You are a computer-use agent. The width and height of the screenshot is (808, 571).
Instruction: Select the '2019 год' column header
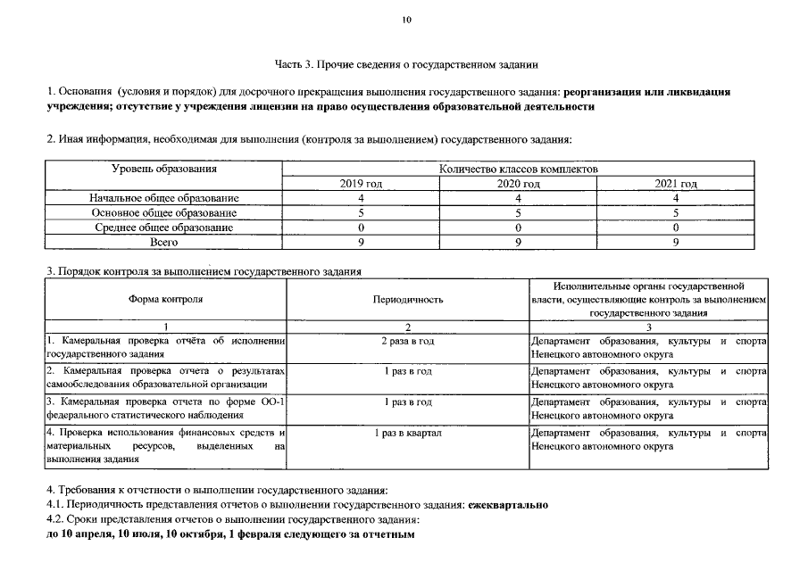(x=361, y=183)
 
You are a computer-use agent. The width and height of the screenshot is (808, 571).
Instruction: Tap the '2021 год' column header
(x=676, y=183)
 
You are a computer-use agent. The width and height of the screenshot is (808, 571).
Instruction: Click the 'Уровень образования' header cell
(x=164, y=169)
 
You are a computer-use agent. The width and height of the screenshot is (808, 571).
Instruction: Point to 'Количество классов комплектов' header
(x=519, y=169)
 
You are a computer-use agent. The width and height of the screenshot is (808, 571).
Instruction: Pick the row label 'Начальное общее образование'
(x=164, y=198)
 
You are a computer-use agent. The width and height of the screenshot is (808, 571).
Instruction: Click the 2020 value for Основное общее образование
(x=518, y=213)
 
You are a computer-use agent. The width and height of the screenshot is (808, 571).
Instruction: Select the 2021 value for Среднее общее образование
(x=676, y=228)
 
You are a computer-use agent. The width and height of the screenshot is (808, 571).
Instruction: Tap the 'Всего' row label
(x=164, y=242)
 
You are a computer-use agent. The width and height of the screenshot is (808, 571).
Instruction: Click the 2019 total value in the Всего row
(x=361, y=242)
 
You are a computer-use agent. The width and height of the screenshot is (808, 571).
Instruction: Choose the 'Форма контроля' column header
(x=165, y=300)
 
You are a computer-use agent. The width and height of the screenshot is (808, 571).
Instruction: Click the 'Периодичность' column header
(x=407, y=300)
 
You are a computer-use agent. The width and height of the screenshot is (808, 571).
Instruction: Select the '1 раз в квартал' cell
(x=407, y=433)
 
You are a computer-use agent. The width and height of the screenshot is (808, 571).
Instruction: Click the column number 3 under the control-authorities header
(x=648, y=327)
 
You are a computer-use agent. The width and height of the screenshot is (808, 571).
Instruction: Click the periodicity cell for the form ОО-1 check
(x=407, y=402)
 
